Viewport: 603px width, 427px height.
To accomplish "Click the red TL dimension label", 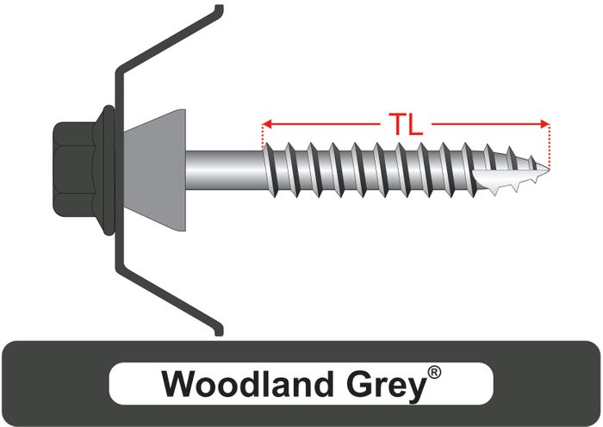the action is [x=406, y=124].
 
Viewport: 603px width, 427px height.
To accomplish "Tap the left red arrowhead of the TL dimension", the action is [x=267, y=124].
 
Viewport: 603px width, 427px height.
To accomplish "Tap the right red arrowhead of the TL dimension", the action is [x=545, y=124].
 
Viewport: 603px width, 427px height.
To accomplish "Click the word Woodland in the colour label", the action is [x=247, y=384].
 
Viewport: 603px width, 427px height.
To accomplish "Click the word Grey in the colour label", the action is [x=386, y=386].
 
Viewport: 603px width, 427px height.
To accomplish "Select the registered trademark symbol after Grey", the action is [x=434, y=373].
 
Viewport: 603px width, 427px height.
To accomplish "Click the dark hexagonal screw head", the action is [x=74, y=169].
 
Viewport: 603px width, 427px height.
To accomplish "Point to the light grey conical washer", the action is [x=154, y=170].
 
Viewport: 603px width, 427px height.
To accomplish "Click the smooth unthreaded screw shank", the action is [x=225, y=170].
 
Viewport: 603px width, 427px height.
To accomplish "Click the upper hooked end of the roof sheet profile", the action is [x=219, y=9].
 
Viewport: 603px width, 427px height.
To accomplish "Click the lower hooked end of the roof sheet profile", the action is [x=219, y=331].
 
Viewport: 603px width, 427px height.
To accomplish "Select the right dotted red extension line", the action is [x=550, y=146].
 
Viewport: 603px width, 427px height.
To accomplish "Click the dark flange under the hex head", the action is [x=109, y=170].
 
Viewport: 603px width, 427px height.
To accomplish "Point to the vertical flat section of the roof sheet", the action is [x=119, y=169].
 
